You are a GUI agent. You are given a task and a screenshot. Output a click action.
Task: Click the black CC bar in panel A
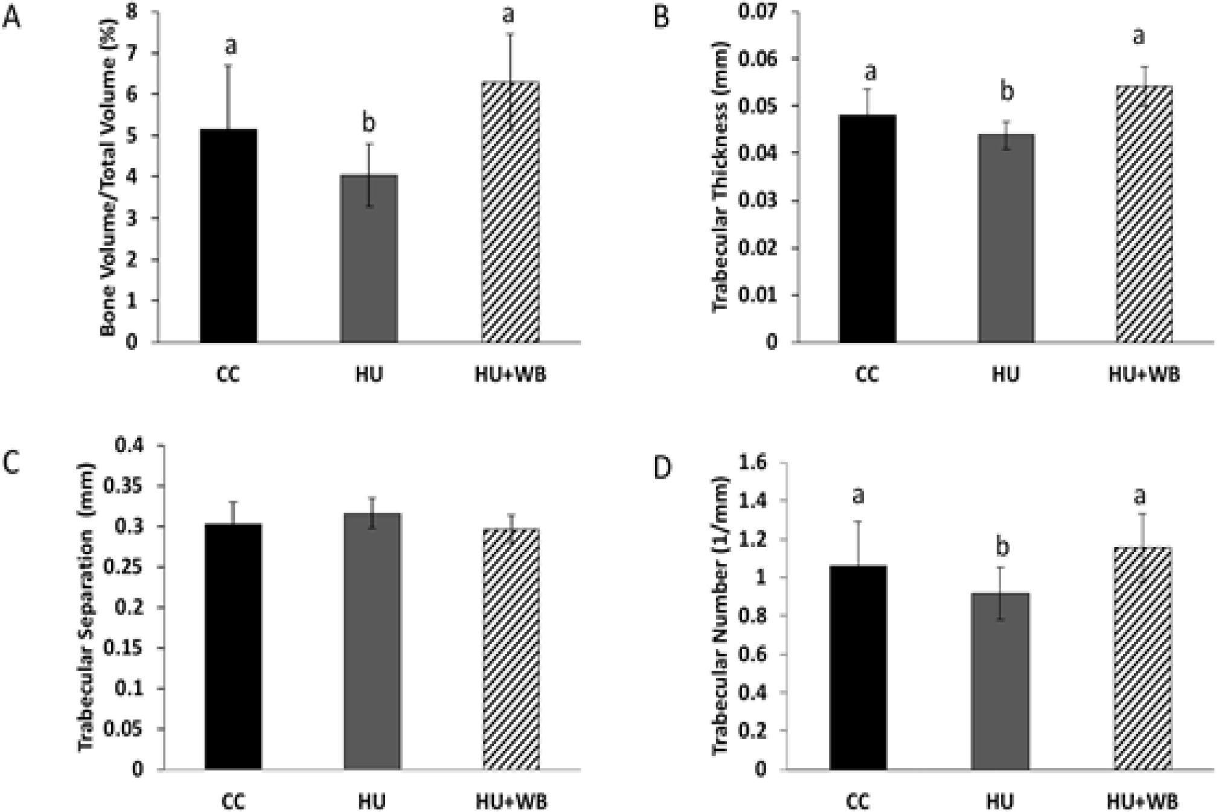coord(228,235)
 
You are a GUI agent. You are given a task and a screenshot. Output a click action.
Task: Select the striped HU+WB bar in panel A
coord(510,211)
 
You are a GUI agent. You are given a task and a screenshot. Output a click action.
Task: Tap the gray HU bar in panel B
coord(1006,238)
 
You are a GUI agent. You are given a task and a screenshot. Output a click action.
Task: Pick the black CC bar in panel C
coord(233,646)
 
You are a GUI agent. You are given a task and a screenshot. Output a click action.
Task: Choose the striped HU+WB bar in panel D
coord(1142,658)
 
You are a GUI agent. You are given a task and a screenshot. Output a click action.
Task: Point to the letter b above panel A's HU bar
coord(368,122)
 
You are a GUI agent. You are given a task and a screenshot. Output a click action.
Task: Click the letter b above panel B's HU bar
coord(1006,92)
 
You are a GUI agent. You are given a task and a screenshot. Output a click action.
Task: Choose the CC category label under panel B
coord(867,374)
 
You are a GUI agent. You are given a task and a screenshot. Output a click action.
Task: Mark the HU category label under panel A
coord(369,374)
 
